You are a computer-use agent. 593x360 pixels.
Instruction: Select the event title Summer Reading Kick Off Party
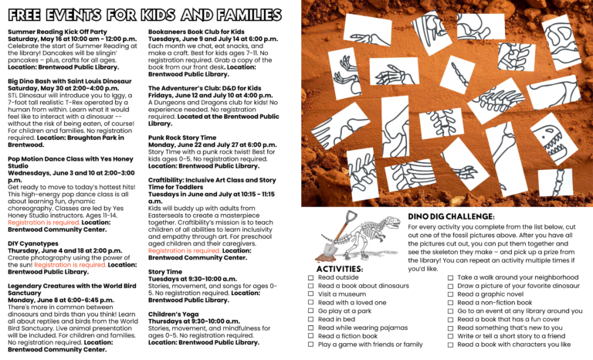57,32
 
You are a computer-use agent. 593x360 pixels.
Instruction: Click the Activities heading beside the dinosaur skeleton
339,268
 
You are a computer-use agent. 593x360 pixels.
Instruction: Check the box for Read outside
311,277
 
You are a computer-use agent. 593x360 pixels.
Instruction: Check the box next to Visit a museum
311,294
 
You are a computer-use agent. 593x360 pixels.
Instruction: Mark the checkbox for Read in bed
311,319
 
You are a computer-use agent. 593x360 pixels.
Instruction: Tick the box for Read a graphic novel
451,294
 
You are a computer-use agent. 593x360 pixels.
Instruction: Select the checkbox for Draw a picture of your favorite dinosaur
451,286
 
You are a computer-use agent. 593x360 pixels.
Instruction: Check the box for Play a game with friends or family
311,345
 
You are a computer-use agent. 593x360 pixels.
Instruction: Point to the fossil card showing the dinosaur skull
553,140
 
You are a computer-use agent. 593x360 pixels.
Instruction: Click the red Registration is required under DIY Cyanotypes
76,264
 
